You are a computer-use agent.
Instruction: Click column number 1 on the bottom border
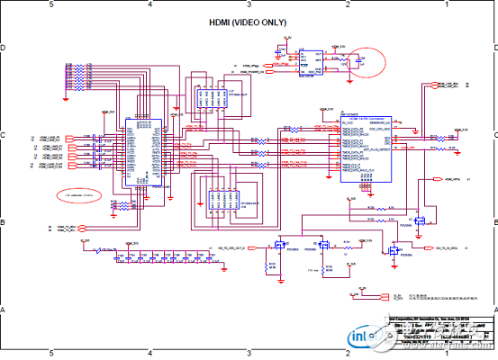coord(447,355)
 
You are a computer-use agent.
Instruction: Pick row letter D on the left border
coord(4,48)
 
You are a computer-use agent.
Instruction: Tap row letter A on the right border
coord(493,310)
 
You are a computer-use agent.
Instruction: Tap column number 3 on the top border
coord(249,4)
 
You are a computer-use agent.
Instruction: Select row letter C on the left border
coord(4,135)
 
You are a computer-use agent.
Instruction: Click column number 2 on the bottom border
coord(348,355)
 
